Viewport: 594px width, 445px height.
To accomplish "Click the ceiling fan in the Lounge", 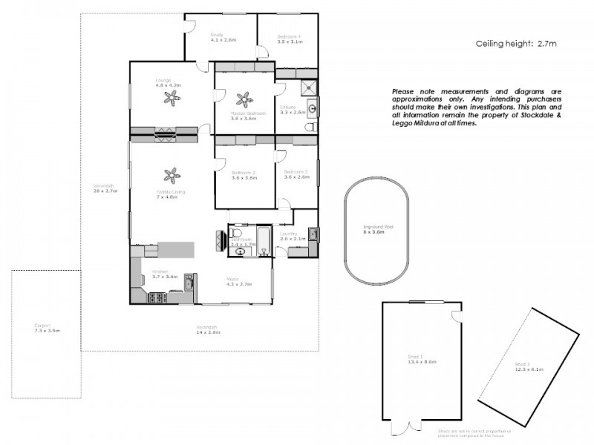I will point(169,98).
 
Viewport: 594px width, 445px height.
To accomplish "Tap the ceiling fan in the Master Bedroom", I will point(243,99).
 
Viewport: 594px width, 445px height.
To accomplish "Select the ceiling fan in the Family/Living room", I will point(171,176).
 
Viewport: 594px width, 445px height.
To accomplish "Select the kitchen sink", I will point(190,282).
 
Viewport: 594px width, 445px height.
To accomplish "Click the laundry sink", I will point(313,235).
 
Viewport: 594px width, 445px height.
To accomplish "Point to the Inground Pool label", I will point(373,227).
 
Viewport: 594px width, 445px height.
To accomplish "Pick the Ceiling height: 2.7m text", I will point(516,44).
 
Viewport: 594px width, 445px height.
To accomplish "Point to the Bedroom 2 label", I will point(243,172).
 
